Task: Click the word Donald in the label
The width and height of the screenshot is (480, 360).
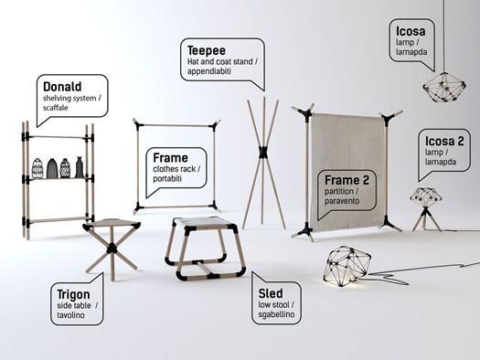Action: tap(62, 87)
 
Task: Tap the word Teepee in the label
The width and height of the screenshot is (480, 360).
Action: tap(207, 50)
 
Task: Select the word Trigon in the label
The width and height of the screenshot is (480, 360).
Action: tap(73, 294)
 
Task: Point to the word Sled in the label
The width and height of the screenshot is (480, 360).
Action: tap(271, 293)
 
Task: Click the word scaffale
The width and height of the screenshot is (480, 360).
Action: tap(56, 108)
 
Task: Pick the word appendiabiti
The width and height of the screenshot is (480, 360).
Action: tap(209, 71)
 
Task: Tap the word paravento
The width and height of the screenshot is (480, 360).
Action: tap(342, 201)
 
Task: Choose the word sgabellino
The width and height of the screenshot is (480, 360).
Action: tap(276, 314)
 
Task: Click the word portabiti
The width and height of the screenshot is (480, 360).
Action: tap(167, 178)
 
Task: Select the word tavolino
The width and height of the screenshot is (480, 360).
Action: tap(70, 315)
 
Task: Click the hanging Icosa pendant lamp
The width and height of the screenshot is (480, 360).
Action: tap(444, 87)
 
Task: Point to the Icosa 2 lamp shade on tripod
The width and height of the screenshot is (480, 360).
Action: tap(425, 198)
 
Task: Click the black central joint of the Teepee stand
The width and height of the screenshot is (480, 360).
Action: tap(262, 152)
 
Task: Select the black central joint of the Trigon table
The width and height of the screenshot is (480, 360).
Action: tap(112, 248)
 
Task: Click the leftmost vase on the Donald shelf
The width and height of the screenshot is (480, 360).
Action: tap(37, 168)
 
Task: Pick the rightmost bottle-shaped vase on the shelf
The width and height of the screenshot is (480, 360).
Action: tap(80, 167)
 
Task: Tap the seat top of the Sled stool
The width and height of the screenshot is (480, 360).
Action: tap(204, 222)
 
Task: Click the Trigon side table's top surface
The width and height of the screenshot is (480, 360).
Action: tap(112, 224)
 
